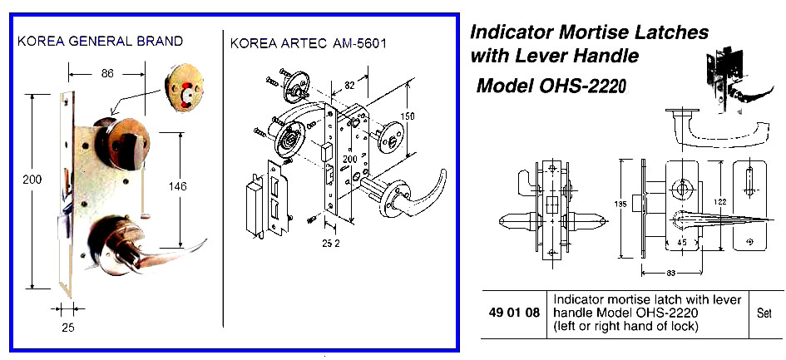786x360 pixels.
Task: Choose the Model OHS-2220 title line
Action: point(550,86)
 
